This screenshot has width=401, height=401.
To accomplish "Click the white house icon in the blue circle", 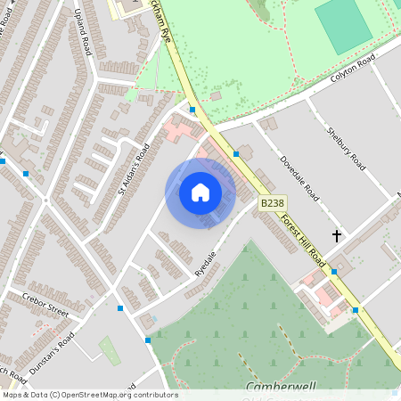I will point(200,192).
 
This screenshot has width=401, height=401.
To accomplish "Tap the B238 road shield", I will point(272,204).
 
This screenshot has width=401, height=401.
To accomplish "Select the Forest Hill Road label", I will point(302,237).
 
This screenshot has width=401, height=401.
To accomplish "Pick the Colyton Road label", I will point(348,74).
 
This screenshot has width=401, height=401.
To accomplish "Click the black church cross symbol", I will point(337,236).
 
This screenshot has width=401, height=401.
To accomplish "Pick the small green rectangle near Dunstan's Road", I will point(110,350).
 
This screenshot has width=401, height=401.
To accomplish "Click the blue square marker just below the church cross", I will point(334,271).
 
